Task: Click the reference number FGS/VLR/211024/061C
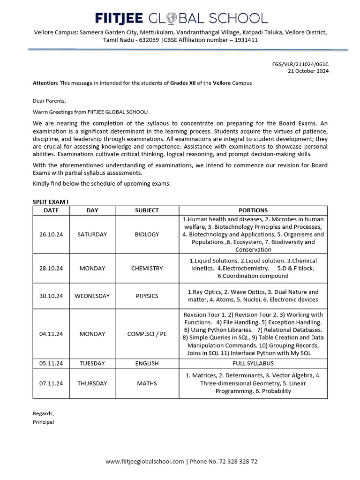(300, 64)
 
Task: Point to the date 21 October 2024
(308, 71)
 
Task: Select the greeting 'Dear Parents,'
(49, 101)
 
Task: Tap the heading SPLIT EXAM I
(51, 202)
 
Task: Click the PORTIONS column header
(253, 210)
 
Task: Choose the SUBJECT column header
(147, 210)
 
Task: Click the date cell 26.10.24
(51, 234)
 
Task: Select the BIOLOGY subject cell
(147, 234)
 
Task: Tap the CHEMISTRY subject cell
(147, 269)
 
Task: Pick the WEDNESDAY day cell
(92, 296)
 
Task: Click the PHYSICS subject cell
(147, 296)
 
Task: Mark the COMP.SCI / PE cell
(147, 334)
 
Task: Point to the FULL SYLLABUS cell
(253, 363)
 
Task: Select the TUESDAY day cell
(92, 363)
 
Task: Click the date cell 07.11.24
(51, 383)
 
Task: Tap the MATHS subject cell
(147, 383)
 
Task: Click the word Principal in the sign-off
(43, 422)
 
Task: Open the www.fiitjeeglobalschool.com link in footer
(144, 462)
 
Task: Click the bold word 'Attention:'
(45, 83)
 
